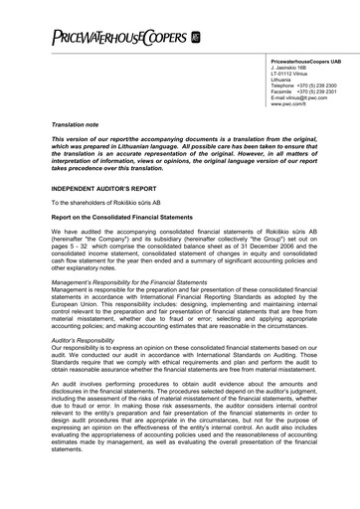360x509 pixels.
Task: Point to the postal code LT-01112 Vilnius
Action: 280,75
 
